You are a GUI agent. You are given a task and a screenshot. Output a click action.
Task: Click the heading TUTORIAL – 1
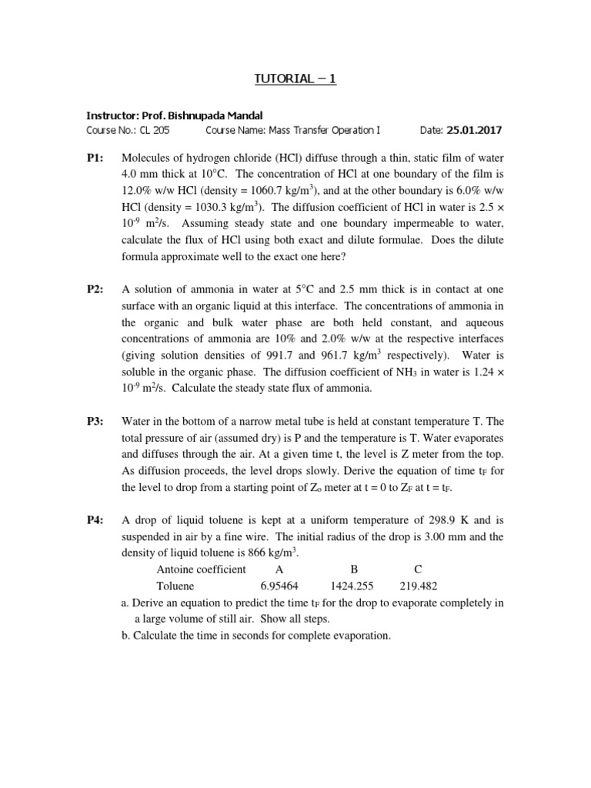click(295, 79)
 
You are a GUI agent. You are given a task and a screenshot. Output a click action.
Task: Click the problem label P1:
click(95, 158)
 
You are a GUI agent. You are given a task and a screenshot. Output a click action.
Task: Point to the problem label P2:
click(95, 289)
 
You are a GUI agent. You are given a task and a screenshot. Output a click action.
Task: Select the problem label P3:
click(95, 421)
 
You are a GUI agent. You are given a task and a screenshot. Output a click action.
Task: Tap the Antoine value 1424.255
click(355, 586)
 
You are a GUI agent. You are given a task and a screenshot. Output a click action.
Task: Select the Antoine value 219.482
click(418, 586)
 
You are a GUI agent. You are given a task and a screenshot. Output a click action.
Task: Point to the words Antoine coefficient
click(202, 569)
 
